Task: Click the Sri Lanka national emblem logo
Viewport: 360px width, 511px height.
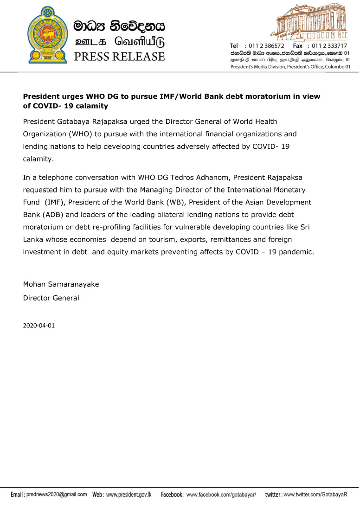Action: pyautogui.click(x=46, y=36)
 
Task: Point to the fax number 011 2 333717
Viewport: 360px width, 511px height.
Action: pyautogui.click(x=329, y=46)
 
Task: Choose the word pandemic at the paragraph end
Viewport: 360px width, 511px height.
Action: pyautogui.click(x=296, y=252)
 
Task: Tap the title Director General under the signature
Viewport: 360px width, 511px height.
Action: pyautogui.click(x=51, y=298)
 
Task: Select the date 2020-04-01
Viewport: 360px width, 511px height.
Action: pyautogui.click(x=39, y=325)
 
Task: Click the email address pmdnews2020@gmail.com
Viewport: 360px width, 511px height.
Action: pyautogui.click(x=56, y=495)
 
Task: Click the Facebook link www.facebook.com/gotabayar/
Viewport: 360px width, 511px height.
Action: pyautogui.click(x=221, y=495)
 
